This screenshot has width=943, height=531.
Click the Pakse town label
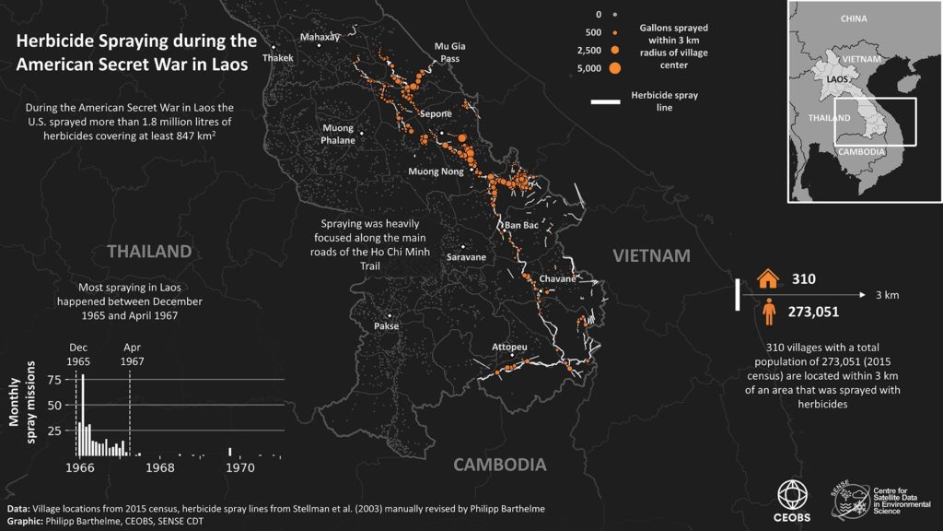pos(386,326)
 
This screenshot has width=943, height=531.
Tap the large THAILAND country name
pos(149,252)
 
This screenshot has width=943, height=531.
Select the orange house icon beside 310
pos(767,278)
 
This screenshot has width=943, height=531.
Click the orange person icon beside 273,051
pos(767,312)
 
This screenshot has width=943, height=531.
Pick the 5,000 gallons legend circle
pos(614,67)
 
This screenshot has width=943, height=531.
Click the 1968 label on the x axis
pos(160,468)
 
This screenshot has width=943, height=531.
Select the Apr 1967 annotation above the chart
pos(134,356)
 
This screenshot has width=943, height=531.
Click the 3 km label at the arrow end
pos(886,295)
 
